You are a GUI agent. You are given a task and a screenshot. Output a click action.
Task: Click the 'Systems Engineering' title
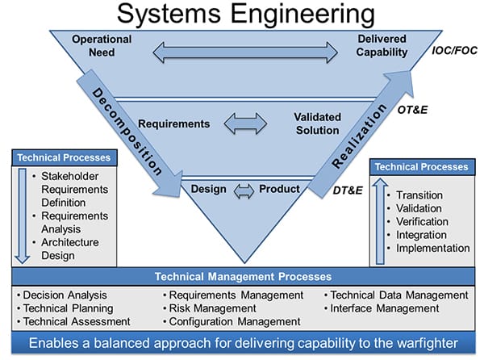(242, 14)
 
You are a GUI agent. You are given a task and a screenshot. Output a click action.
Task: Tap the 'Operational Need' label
(102, 46)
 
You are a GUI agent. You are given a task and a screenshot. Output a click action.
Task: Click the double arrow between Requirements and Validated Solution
(244, 124)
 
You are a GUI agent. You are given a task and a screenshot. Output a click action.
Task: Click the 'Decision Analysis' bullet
(65, 295)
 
